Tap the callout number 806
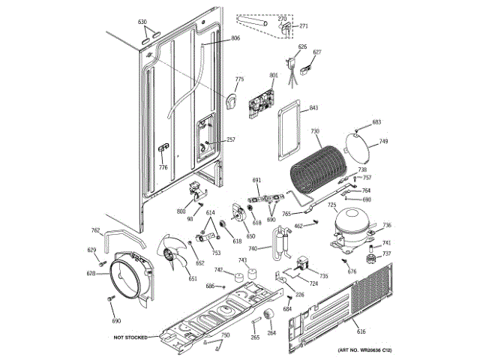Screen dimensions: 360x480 (235, 38)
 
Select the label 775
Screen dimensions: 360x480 (239, 79)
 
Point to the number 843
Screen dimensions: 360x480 (313, 107)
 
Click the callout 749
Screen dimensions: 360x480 (383, 142)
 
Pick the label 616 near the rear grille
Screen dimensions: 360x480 (361, 331)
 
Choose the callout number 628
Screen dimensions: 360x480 (91, 274)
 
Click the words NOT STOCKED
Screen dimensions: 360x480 (130, 337)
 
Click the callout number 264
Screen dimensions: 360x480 (271, 333)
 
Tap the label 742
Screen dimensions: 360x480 (219, 270)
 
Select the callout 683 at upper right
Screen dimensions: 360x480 (376, 122)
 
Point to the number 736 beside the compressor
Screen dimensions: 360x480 (387, 226)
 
